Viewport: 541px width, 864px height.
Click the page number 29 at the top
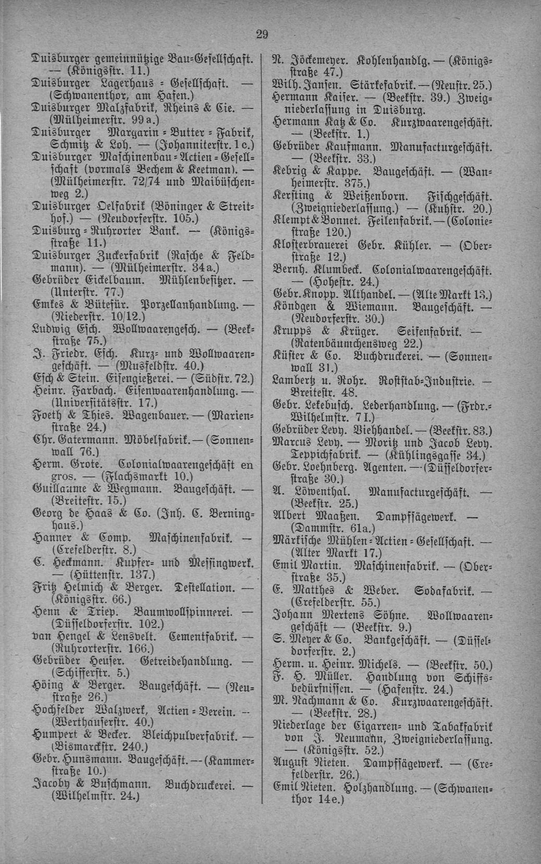coord(262,34)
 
